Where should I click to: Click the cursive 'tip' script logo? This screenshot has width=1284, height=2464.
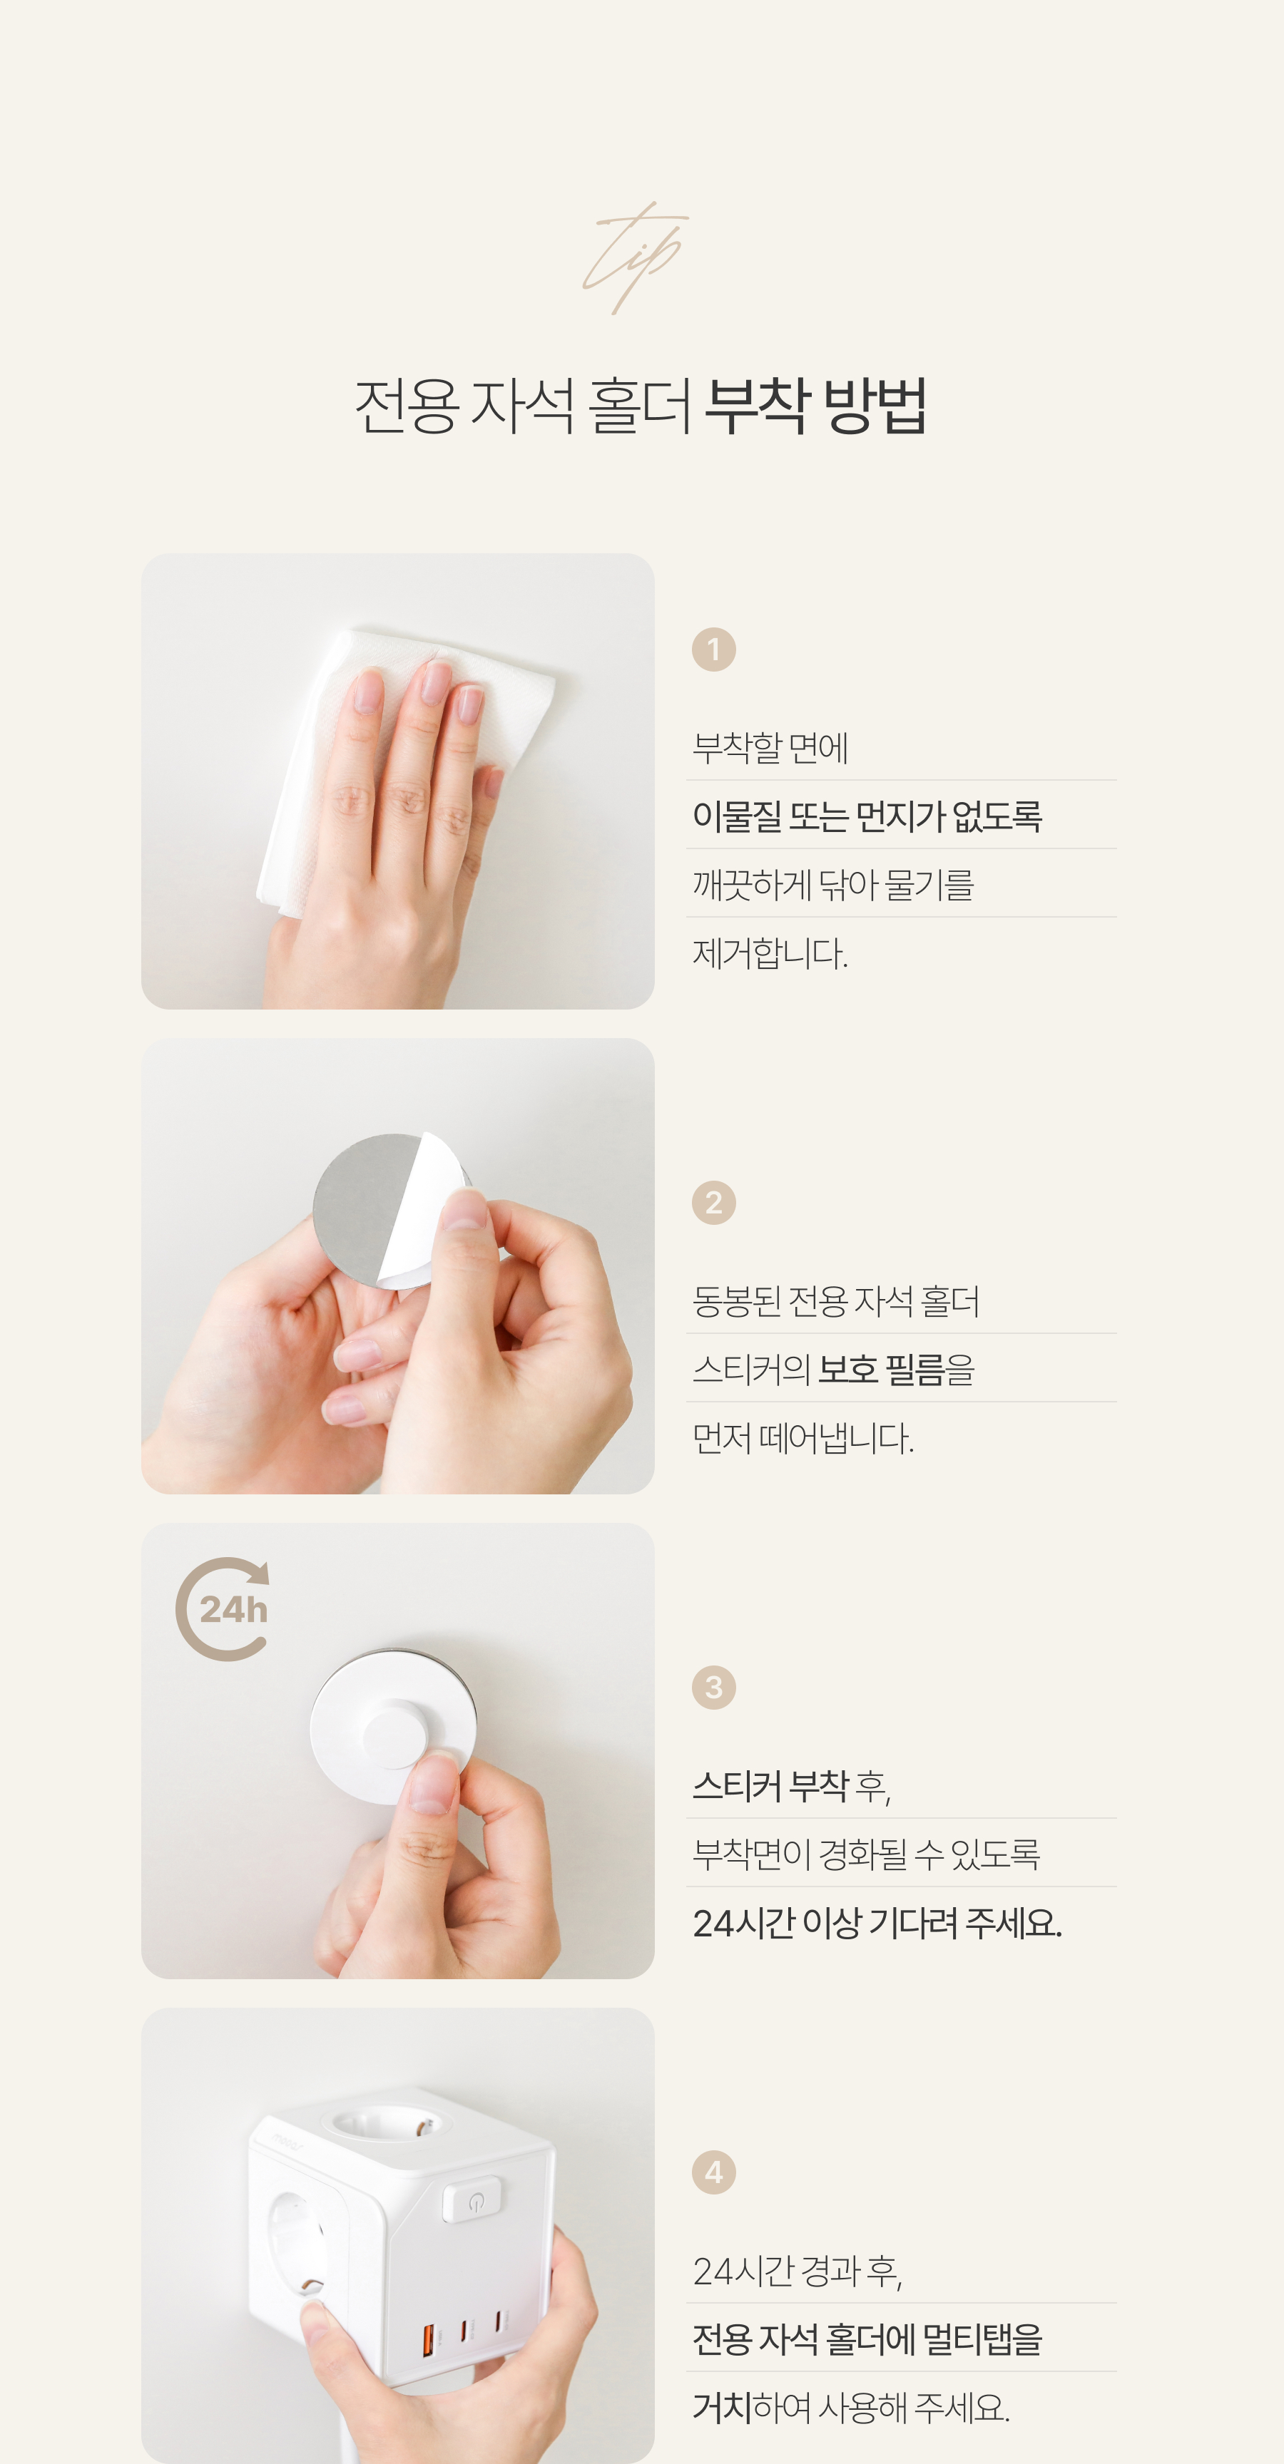[x=636, y=257]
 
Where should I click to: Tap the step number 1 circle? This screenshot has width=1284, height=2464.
[x=714, y=650]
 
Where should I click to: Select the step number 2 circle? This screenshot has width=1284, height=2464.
[x=714, y=1202]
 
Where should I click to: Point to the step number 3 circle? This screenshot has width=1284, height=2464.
[x=714, y=1688]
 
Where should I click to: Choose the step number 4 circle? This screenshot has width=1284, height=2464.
[x=714, y=2172]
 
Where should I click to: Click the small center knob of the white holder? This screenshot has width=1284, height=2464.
[x=394, y=1733]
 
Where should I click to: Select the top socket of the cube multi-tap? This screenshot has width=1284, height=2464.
[x=387, y=2126]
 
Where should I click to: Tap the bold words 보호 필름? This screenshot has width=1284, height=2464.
[x=881, y=1370]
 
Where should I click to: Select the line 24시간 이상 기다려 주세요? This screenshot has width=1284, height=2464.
[x=877, y=1923]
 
